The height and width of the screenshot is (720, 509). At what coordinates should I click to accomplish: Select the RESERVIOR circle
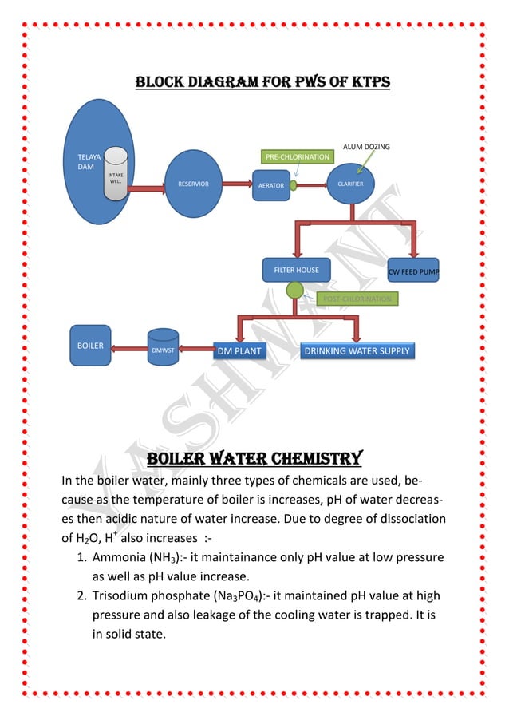click(x=193, y=184)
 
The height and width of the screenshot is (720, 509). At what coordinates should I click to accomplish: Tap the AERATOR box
click(x=270, y=184)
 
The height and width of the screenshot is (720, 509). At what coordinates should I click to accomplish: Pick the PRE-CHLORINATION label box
click(x=297, y=156)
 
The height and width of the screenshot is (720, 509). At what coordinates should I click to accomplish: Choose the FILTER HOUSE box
click(x=296, y=270)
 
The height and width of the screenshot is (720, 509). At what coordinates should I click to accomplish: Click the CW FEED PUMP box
click(x=413, y=271)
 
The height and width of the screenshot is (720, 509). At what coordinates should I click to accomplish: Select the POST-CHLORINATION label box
click(x=357, y=299)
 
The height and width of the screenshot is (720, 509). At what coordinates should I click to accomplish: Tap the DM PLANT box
click(x=239, y=350)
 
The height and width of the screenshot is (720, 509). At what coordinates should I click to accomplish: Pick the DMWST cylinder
click(x=163, y=347)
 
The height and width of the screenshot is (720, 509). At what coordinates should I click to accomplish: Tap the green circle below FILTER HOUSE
click(x=295, y=290)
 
